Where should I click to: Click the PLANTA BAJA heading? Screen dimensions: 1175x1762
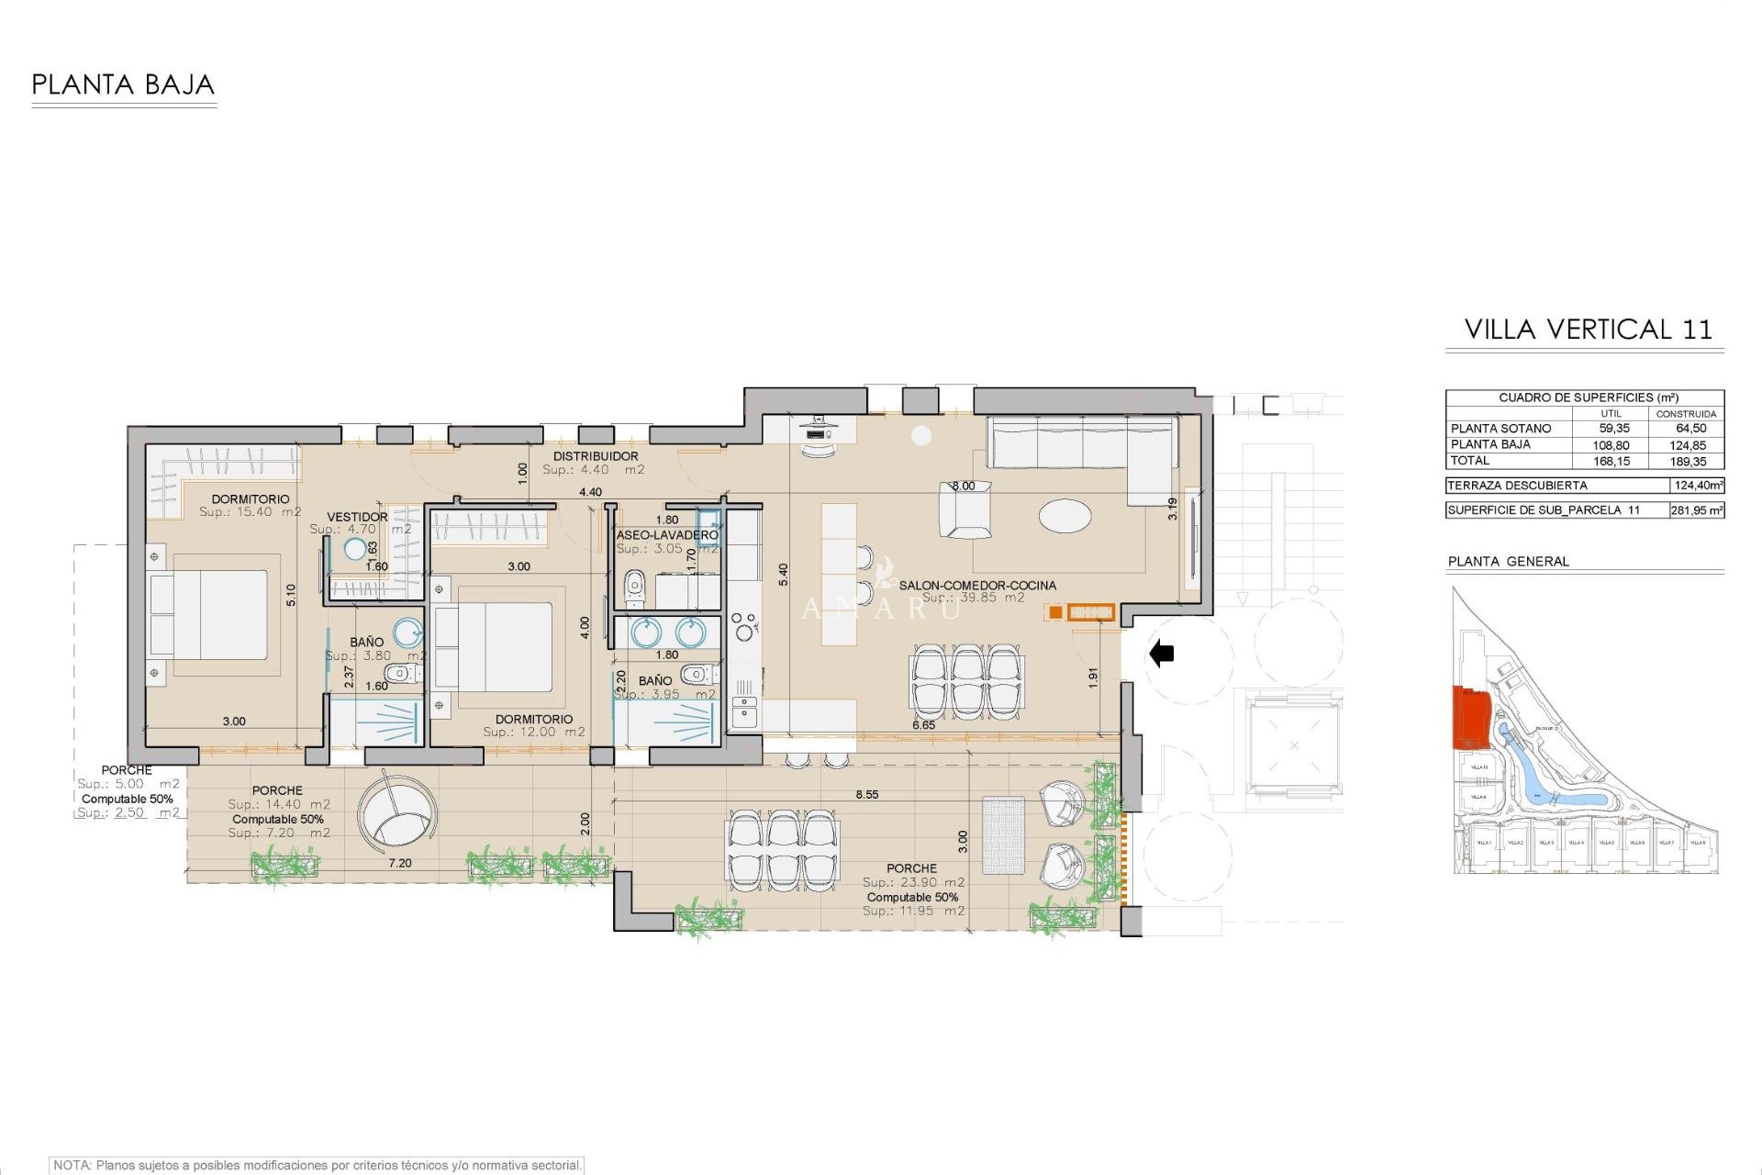click(x=123, y=85)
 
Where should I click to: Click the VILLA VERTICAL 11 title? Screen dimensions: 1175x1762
click(x=1588, y=330)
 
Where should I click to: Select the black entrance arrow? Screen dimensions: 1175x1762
click(x=1162, y=654)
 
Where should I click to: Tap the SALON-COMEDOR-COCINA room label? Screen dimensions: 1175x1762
click(x=976, y=585)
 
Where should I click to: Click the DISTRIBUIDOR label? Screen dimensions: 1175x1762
click(x=596, y=456)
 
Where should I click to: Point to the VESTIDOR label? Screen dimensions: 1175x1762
click(x=357, y=517)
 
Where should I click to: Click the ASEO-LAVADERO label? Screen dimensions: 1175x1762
click(x=666, y=534)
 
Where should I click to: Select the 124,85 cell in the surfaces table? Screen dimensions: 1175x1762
click(x=1687, y=445)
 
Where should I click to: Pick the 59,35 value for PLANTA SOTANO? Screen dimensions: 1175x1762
click(x=1613, y=429)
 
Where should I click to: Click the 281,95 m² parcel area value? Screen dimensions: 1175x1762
click(x=1696, y=510)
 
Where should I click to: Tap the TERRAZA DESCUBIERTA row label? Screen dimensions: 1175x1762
click(x=1516, y=486)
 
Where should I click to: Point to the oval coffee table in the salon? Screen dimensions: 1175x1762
click(x=1065, y=515)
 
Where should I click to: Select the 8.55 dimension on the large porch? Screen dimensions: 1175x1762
click(x=866, y=794)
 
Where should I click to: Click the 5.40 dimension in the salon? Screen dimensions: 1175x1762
click(x=783, y=575)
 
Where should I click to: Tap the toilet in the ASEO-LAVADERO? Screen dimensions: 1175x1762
click(x=634, y=587)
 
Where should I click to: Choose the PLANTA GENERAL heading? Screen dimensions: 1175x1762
click(x=1508, y=561)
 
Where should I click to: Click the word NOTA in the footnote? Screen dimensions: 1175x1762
click(x=72, y=1165)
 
